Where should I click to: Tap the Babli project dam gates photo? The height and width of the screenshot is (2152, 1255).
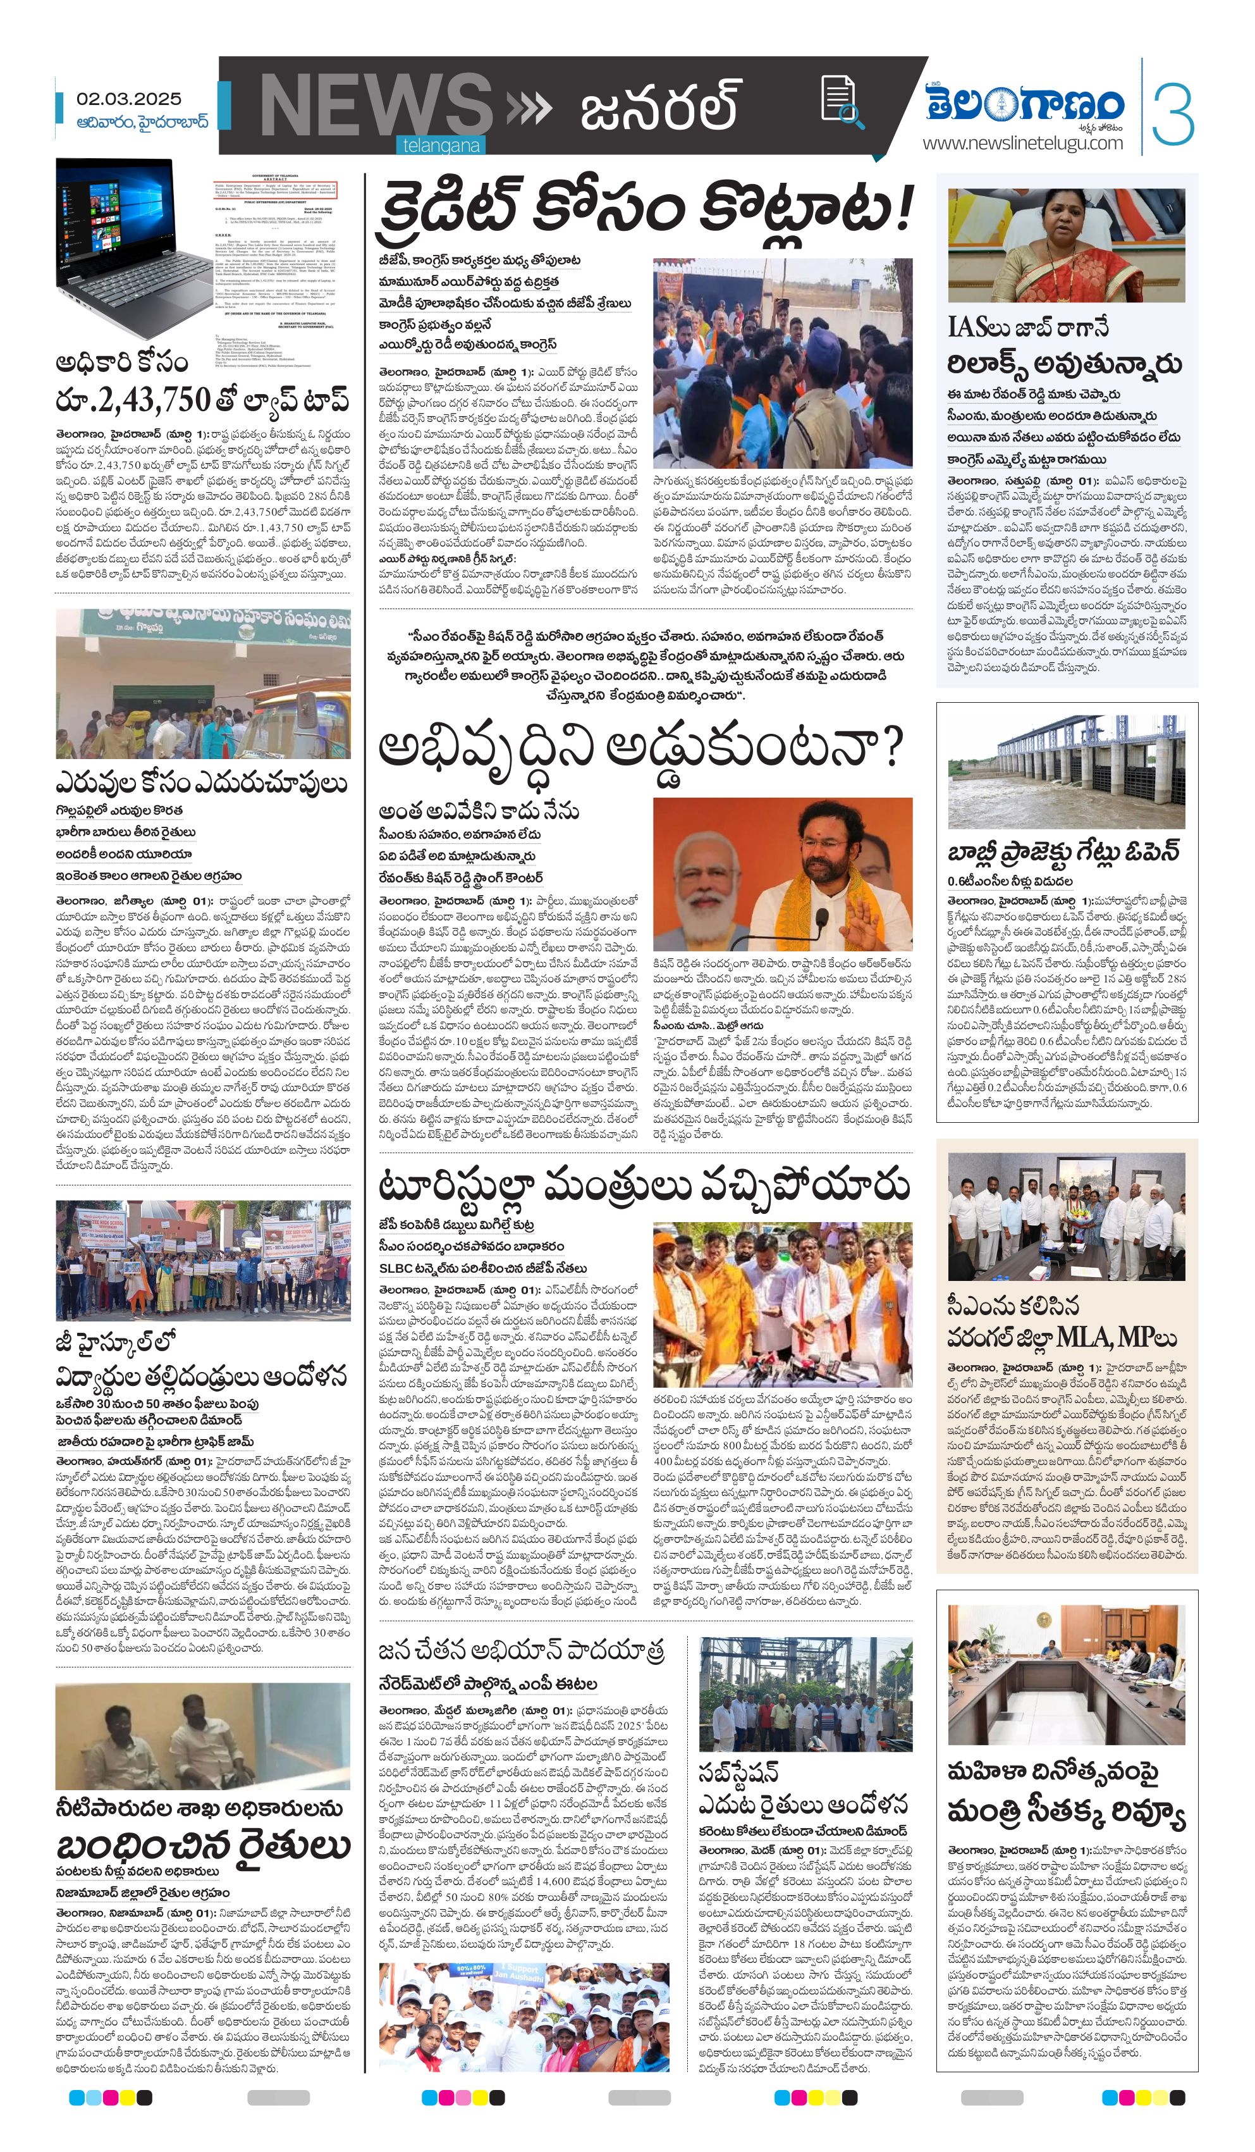point(1067,774)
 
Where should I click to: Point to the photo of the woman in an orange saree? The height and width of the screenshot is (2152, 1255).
point(1067,245)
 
